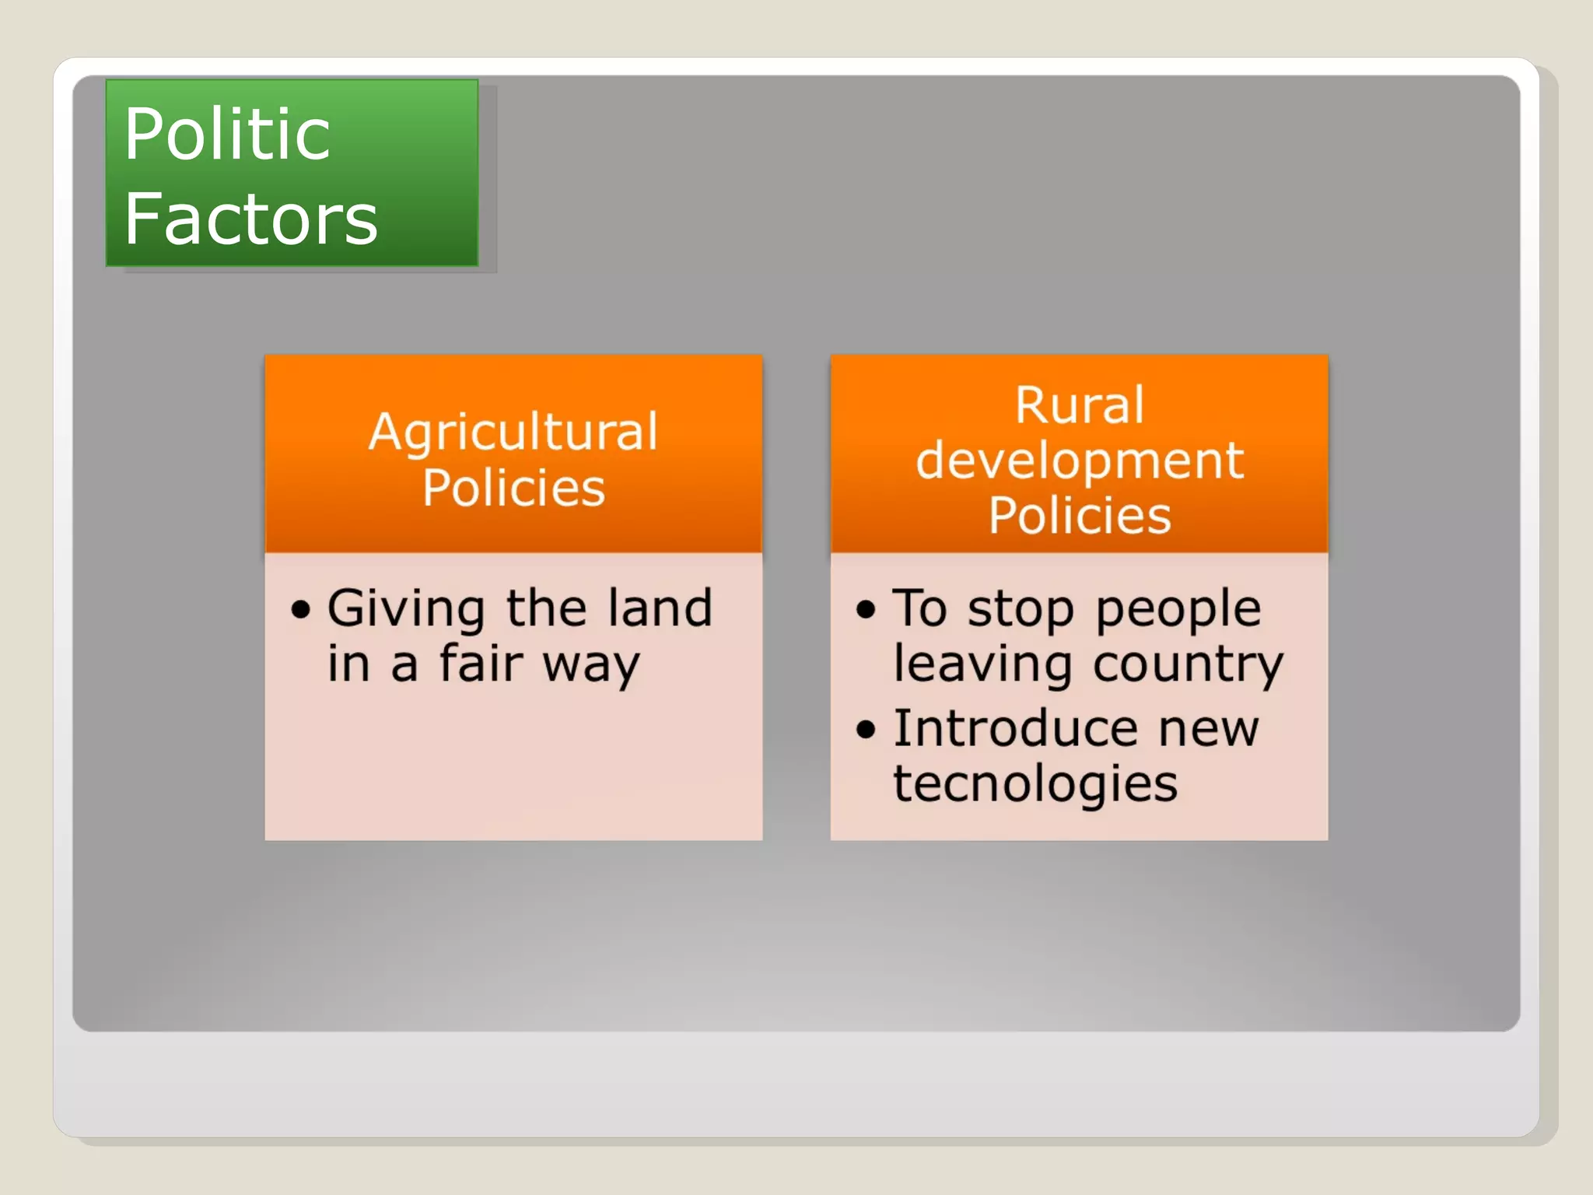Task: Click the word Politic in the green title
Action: (227, 135)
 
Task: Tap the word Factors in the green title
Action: (250, 219)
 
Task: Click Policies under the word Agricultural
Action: (513, 488)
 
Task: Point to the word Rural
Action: (1079, 405)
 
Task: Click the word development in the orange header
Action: (1079, 461)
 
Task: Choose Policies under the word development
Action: (1079, 516)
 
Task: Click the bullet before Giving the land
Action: (301, 609)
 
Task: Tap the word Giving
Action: (406, 609)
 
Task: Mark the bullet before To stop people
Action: (866, 609)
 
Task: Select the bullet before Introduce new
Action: (866, 730)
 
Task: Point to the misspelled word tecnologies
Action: (1035, 784)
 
